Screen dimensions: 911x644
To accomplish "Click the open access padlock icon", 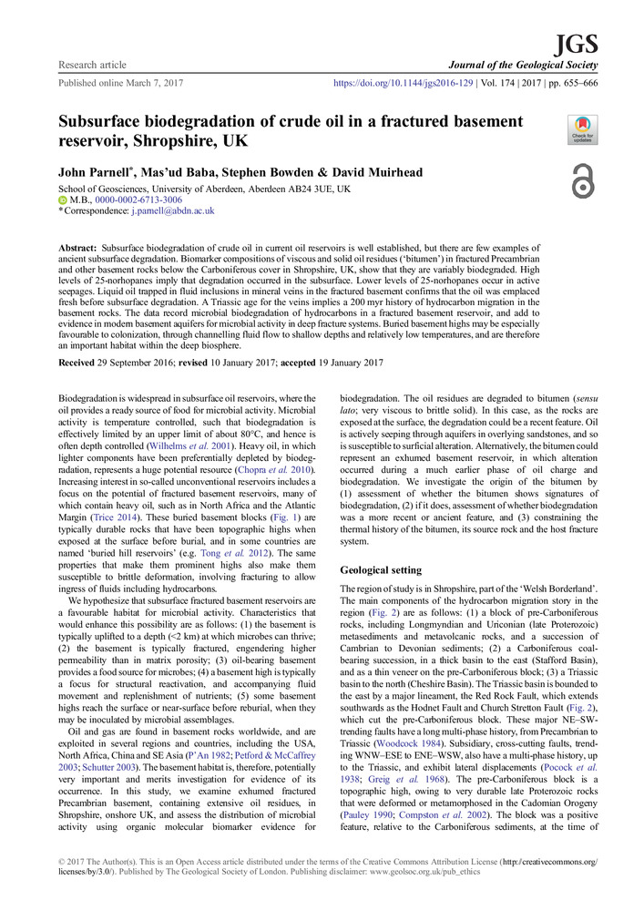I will click(582, 180).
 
